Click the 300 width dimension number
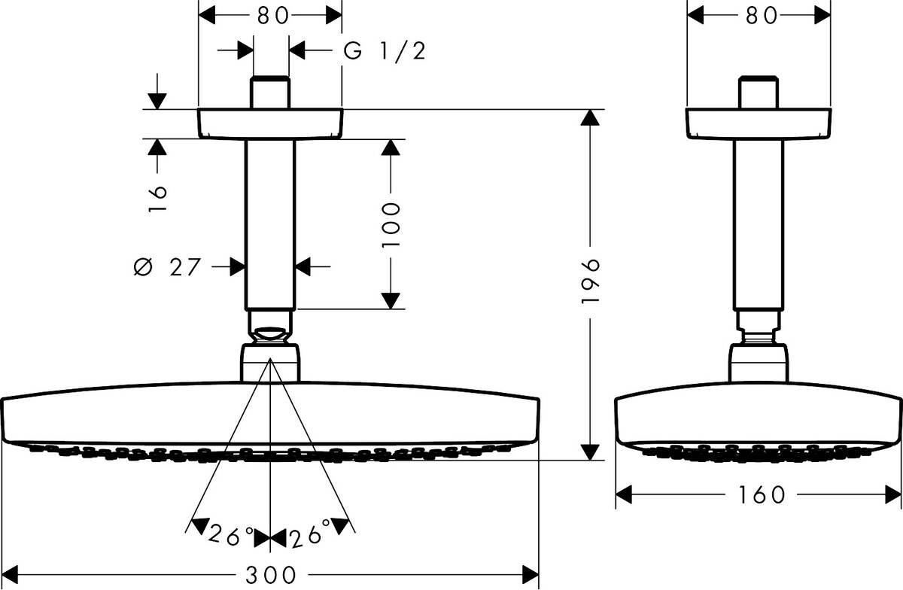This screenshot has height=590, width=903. coord(270,575)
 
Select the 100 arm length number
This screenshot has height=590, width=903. coord(390,225)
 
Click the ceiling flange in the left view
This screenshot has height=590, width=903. coord(269,123)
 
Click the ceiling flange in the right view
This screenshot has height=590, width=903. coord(759,123)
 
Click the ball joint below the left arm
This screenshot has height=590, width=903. coord(270,328)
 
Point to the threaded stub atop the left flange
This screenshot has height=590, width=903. coord(270,93)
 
